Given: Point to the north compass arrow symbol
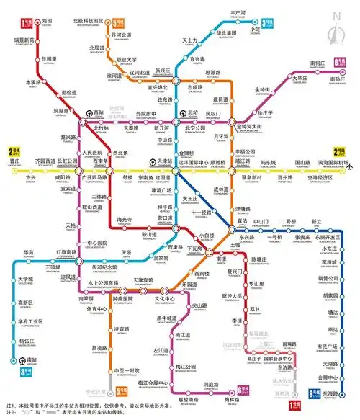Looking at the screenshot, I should (x=336, y=30).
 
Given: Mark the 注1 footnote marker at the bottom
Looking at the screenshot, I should (x=10, y=407).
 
